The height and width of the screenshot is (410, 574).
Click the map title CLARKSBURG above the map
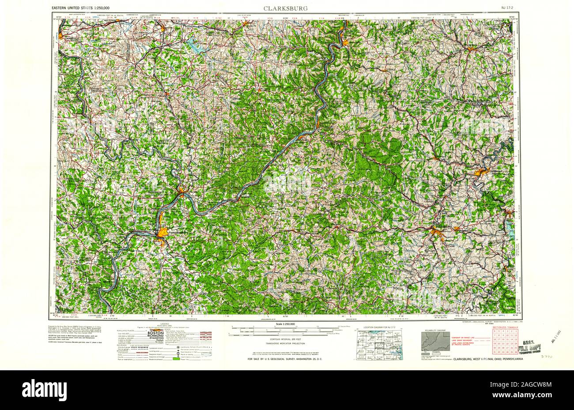pyautogui.click(x=286, y=8)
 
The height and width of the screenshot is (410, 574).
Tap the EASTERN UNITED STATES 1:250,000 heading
pyautogui.click(x=87, y=8)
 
